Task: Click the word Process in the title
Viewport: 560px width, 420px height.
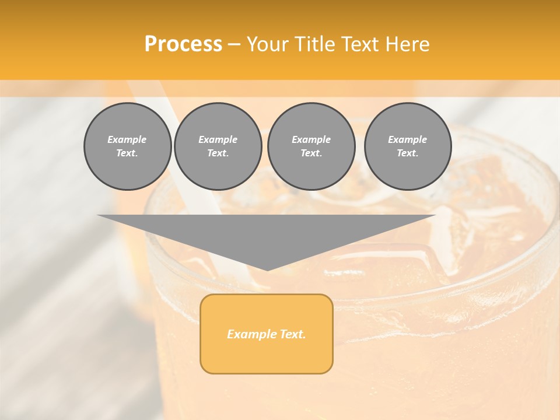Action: point(183,44)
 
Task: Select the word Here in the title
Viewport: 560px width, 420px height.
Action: point(409,44)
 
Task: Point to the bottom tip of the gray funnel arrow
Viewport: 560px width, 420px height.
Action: point(267,269)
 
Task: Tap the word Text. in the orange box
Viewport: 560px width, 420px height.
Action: point(292,334)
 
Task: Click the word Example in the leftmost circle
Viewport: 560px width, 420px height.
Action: point(127,139)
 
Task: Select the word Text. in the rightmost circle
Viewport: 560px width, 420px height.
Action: point(407,153)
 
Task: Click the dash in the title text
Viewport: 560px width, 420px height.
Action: point(234,44)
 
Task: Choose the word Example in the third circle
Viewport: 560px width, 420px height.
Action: point(311,139)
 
